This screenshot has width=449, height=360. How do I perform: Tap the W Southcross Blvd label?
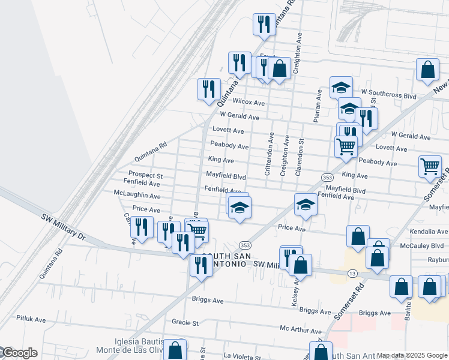[x=393, y=95]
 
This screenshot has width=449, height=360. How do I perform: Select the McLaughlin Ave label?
[x=138, y=196]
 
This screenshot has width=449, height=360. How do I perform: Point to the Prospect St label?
[x=142, y=175]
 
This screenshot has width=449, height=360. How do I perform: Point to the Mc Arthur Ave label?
[x=301, y=331]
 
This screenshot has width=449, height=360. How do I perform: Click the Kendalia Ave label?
[x=429, y=232]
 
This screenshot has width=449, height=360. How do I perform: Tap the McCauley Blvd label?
[x=423, y=245]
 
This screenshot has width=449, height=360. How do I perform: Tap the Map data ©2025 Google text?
[x=412, y=355]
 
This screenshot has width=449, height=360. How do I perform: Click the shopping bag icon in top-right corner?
[x=427, y=70]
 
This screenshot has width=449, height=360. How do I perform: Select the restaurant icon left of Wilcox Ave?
[x=209, y=89]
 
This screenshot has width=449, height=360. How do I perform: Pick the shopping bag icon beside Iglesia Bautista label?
[x=175, y=350]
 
